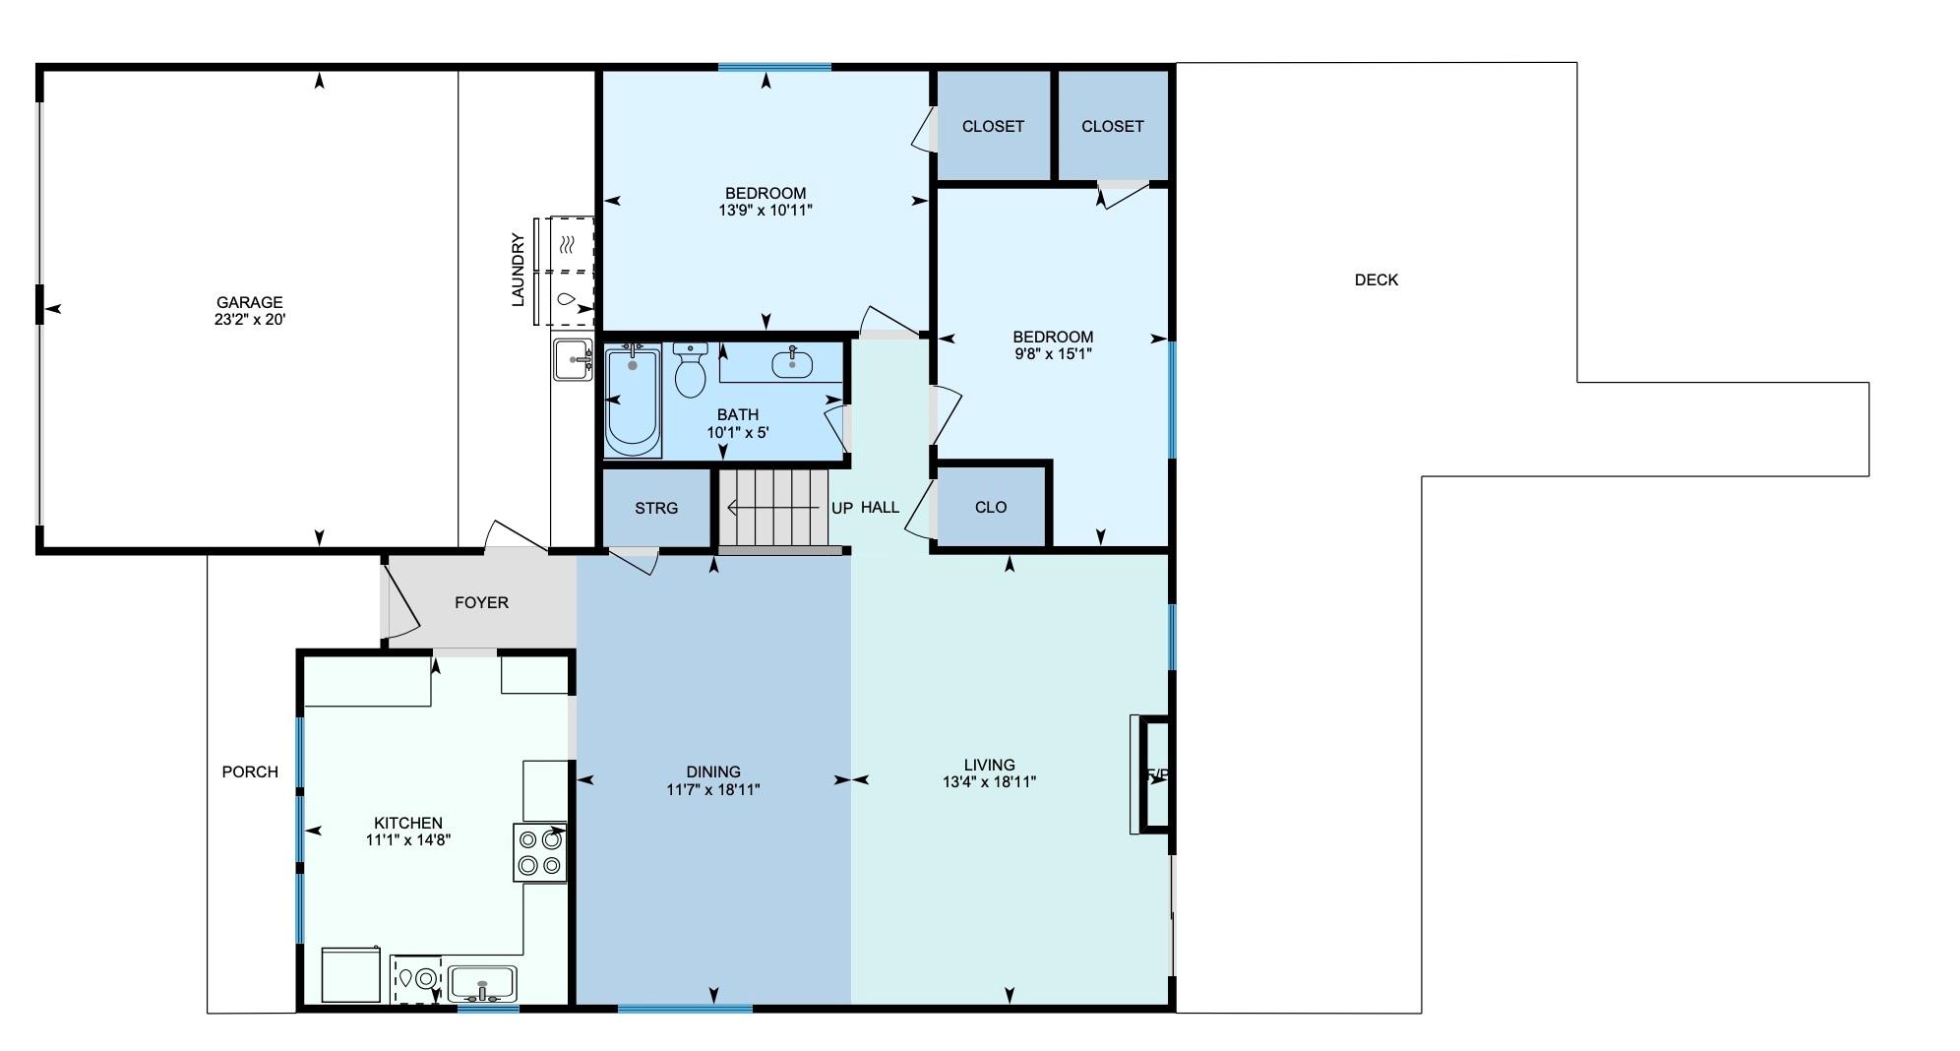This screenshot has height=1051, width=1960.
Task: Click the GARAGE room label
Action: (250, 303)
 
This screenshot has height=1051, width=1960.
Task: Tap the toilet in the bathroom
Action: (691, 372)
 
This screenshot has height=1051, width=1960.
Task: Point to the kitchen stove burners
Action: (540, 853)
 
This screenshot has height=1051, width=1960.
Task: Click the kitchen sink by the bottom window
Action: (482, 983)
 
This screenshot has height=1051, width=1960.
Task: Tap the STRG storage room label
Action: (655, 508)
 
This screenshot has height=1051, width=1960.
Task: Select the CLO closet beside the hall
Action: (990, 507)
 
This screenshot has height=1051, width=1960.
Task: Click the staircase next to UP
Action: (772, 508)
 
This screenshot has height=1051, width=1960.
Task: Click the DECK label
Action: (1376, 280)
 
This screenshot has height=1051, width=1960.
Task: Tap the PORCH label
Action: (250, 773)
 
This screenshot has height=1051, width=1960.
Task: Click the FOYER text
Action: (481, 602)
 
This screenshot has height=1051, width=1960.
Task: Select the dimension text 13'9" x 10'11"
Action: (766, 211)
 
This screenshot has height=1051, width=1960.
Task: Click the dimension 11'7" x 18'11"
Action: (712, 789)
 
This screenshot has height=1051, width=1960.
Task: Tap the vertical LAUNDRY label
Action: (518, 270)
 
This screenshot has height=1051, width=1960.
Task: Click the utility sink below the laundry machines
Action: (572, 359)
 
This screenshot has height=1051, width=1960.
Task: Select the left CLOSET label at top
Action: (993, 126)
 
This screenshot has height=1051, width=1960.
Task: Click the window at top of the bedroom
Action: (774, 67)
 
